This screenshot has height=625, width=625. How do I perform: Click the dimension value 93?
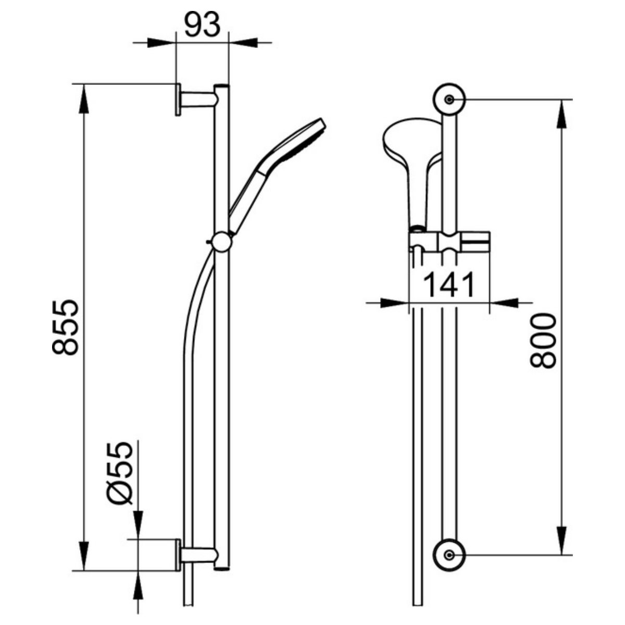(203, 24)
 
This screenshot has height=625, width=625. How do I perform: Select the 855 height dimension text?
(65, 328)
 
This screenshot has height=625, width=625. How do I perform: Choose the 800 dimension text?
(543, 341)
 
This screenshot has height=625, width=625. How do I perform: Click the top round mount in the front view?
(449, 99)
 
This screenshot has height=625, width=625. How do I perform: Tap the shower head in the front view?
(412, 169)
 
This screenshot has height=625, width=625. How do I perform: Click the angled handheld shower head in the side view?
(276, 175)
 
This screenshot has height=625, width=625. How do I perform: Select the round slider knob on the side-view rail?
(221, 241)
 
